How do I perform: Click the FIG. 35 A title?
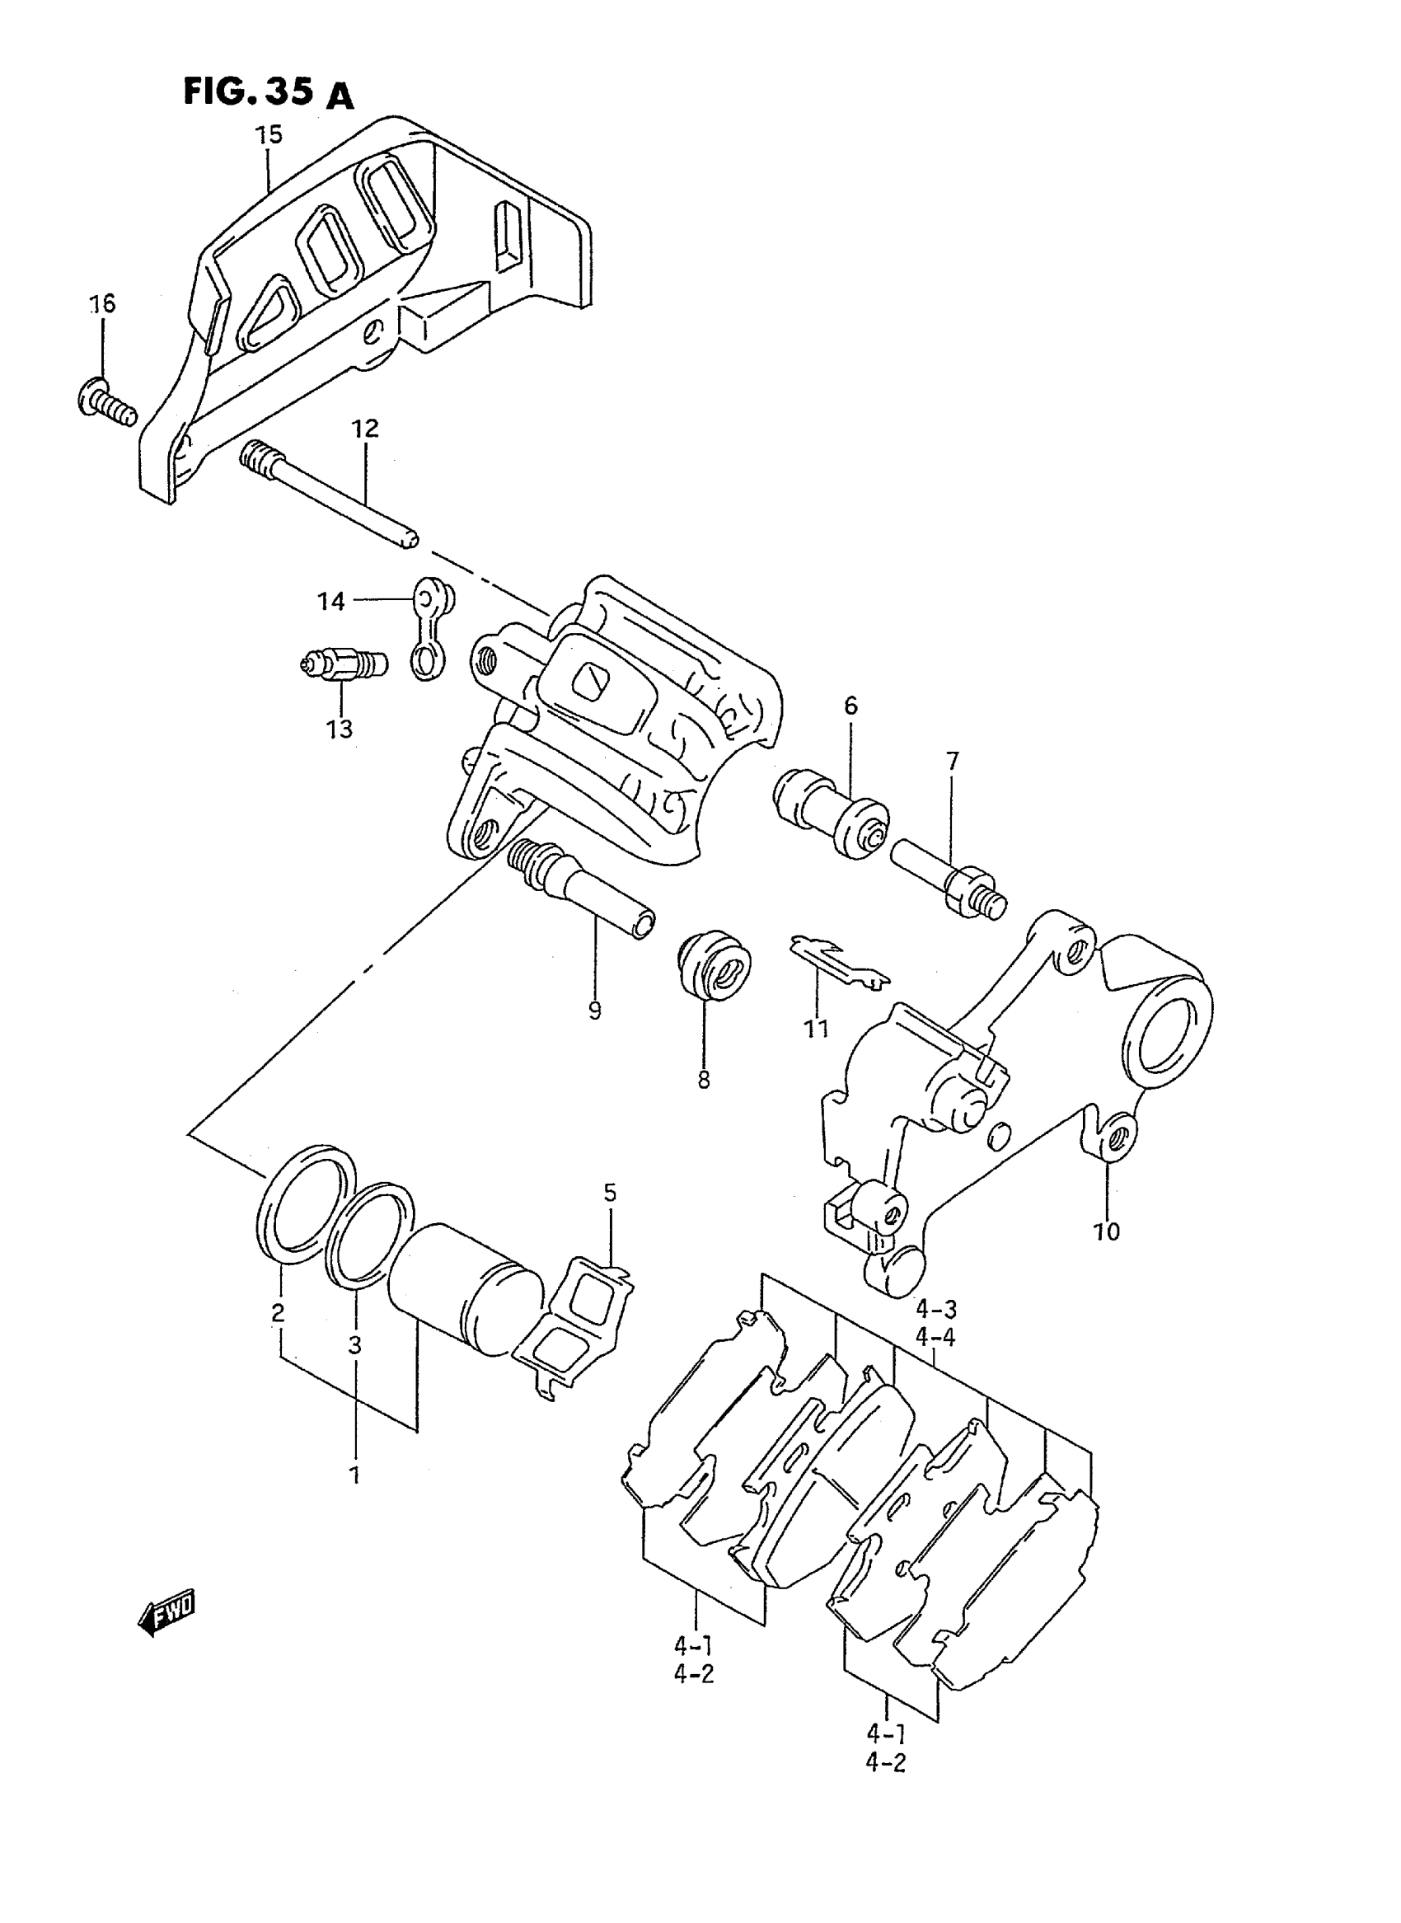pos(268,92)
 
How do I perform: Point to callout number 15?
pos(269,135)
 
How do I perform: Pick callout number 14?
pos(331,602)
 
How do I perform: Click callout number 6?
pos(850,705)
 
